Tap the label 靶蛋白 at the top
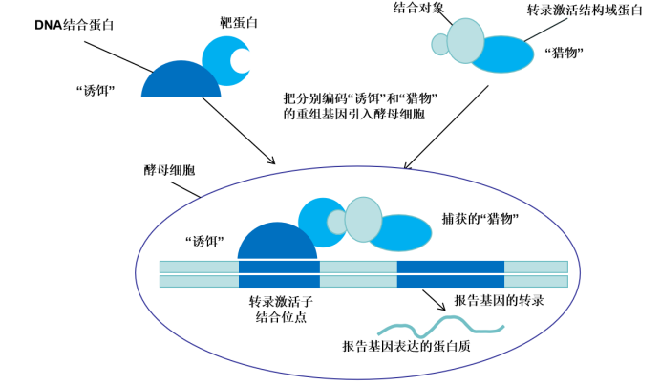pyautogui.click(x=224, y=20)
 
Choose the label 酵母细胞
pyautogui.click(x=161, y=169)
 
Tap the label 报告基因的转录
pyautogui.click(x=499, y=300)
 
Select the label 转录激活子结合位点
pyautogui.click(x=281, y=309)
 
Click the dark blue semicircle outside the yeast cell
pyautogui.click(x=181, y=81)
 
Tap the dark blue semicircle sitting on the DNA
pyautogui.click(x=277, y=244)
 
